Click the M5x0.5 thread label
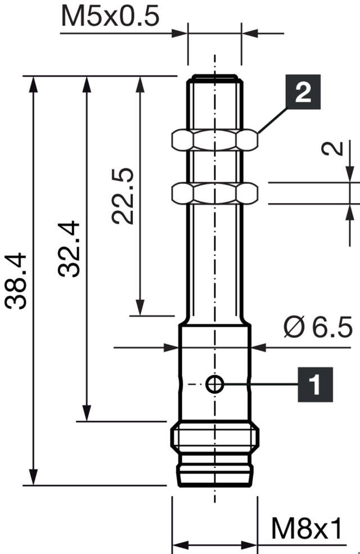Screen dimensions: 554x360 click(110, 17)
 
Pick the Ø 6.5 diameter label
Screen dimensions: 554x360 click(318, 327)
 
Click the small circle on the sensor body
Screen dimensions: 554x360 click(215, 385)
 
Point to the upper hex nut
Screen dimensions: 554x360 click(214, 140)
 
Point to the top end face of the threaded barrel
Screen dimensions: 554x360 click(214, 76)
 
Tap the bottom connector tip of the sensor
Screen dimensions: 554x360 click(215, 475)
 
